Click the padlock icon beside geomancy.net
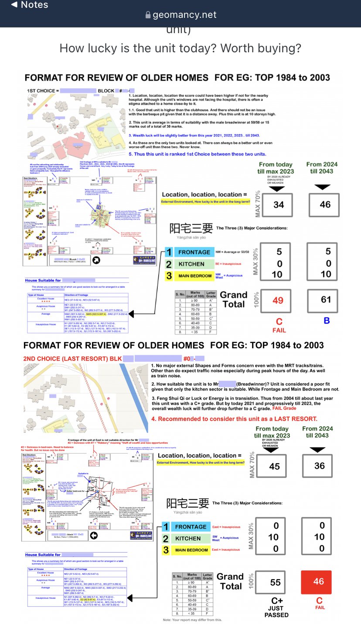click(x=148, y=15)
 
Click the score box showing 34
click(x=279, y=204)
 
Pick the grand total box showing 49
click(x=278, y=300)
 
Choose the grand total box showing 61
click(x=325, y=299)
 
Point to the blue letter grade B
click(x=326, y=321)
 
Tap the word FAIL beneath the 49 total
click(x=279, y=330)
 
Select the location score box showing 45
click(x=274, y=466)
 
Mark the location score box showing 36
click(x=319, y=466)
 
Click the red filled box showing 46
click(x=319, y=582)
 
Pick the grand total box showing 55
click(x=276, y=582)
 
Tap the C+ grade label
click(x=277, y=601)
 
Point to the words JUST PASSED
click(x=276, y=611)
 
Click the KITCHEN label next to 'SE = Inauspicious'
click(x=191, y=264)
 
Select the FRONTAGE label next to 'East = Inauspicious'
click(x=191, y=527)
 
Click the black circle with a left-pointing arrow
click(x=93, y=536)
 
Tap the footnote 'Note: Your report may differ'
click(x=192, y=620)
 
